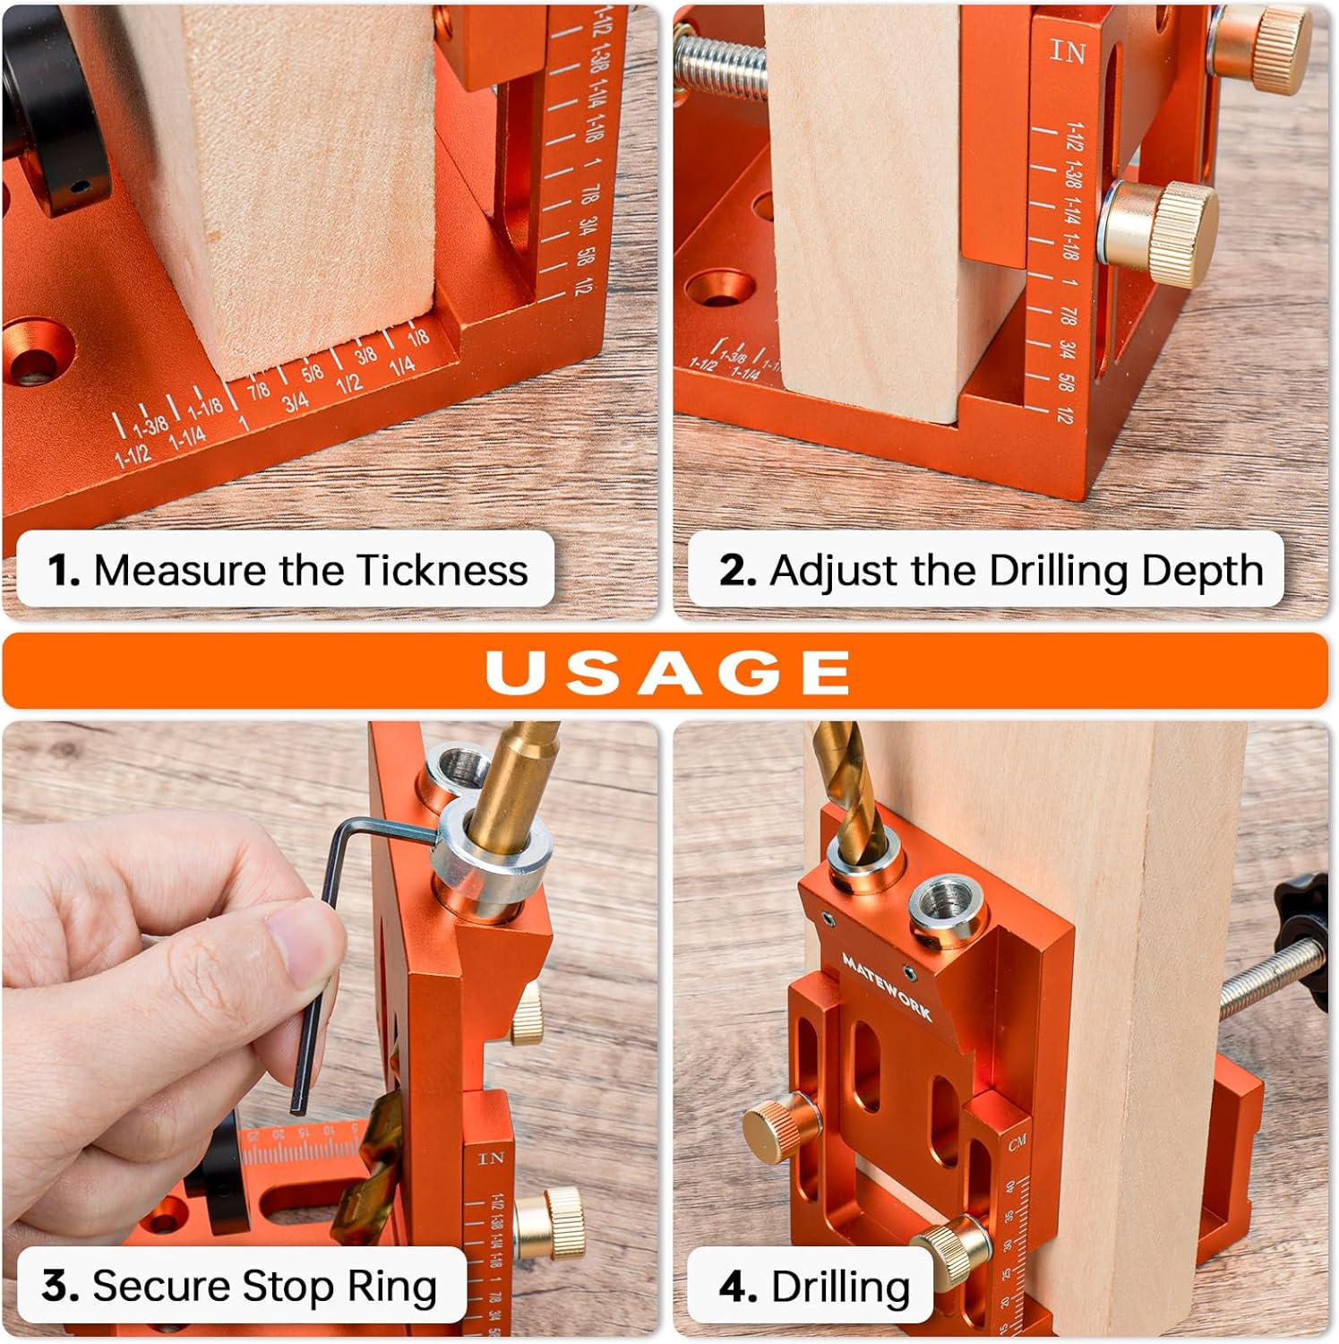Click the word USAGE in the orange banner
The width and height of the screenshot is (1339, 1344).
click(667, 671)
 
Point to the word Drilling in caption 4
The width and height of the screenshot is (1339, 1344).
click(840, 1287)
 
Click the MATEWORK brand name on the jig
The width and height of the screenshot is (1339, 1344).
click(887, 986)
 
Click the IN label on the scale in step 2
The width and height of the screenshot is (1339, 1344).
click(1067, 52)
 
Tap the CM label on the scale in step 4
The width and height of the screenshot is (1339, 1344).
click(1017, 1143)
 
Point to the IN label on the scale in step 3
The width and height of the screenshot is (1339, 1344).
click(491, 1159)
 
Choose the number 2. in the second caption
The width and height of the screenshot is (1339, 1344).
click(738, 571)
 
